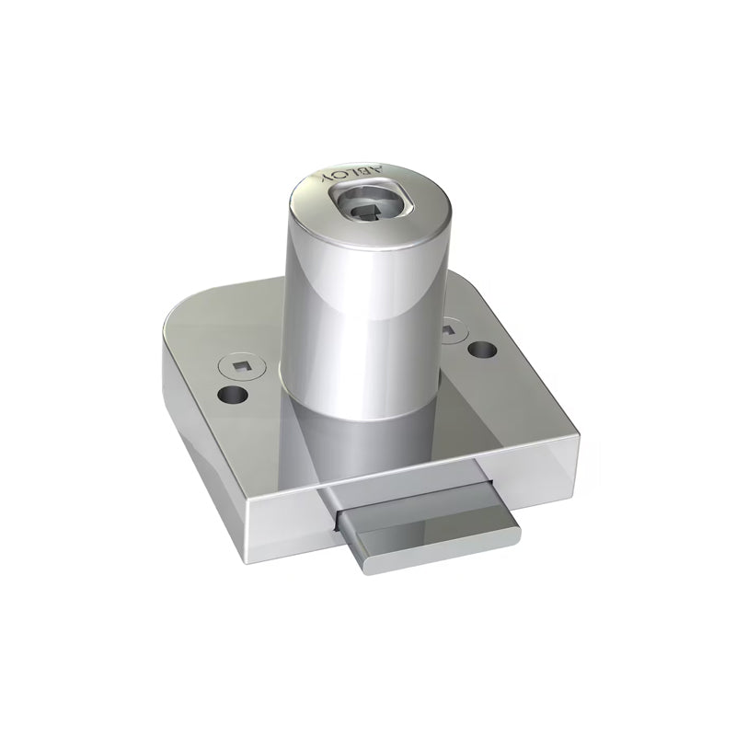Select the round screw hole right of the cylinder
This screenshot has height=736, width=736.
pyautogui.click(x=478, y=350)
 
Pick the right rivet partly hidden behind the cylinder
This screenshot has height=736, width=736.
pyautogui.click(x=450, y=328)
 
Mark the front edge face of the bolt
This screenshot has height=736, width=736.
pyautogui.click(x=432, y=552)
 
